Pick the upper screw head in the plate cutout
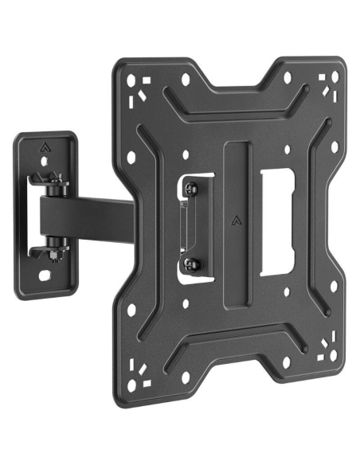click(x=191, y=189)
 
